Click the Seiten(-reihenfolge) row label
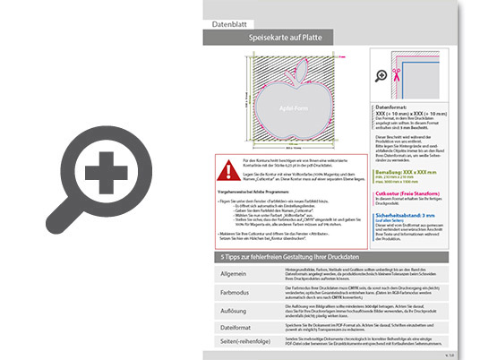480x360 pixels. point(240,343)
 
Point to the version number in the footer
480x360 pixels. point(450,355)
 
